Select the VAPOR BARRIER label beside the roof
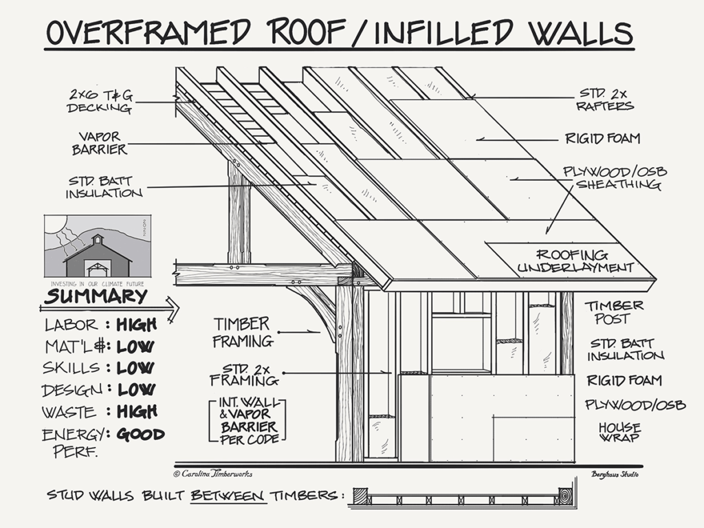click(102, 142)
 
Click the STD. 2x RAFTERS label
click(606, 100)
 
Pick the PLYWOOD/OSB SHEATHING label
click(615, 178)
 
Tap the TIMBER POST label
click(614, 311)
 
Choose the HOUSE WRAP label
click(619, 432)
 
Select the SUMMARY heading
click(96, 297)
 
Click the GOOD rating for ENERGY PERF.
click(140, 434)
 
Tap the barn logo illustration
click(97, 246)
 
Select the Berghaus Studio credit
click(615, 474)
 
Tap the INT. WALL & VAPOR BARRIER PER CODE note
click(247, 420)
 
